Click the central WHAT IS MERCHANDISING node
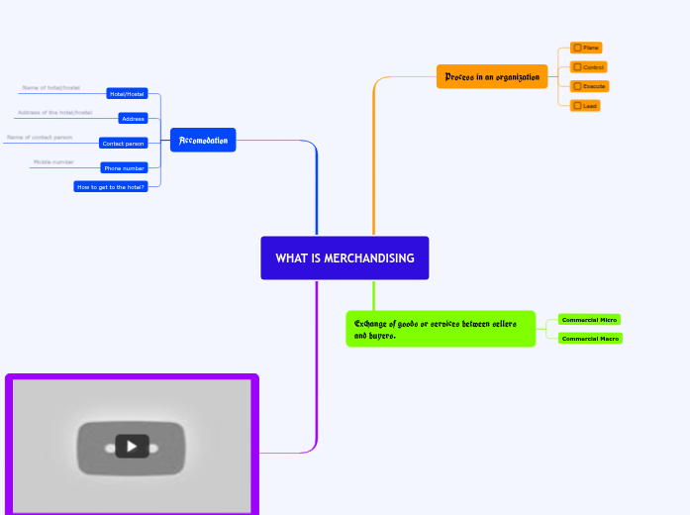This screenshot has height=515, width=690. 345,258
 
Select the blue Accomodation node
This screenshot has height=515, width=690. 203,141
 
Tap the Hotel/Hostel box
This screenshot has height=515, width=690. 127,94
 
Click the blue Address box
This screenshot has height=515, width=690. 132,118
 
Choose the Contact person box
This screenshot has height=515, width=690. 123,143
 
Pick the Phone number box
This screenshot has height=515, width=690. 125,168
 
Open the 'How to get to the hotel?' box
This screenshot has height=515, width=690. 111,186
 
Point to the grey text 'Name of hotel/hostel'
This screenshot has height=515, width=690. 50,88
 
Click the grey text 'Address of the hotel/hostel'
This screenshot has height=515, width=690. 54,112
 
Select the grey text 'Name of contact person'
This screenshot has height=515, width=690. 40,137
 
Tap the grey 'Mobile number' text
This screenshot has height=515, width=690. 53,161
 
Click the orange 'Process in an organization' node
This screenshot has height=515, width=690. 492,77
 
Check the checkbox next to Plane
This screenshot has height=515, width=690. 578,48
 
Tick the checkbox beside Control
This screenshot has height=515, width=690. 578,67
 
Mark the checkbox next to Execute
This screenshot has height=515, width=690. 578,86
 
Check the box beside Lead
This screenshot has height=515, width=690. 578,105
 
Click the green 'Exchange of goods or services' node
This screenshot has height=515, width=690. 441,329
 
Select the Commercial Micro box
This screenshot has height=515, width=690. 589,320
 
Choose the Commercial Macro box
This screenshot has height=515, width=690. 590,339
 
